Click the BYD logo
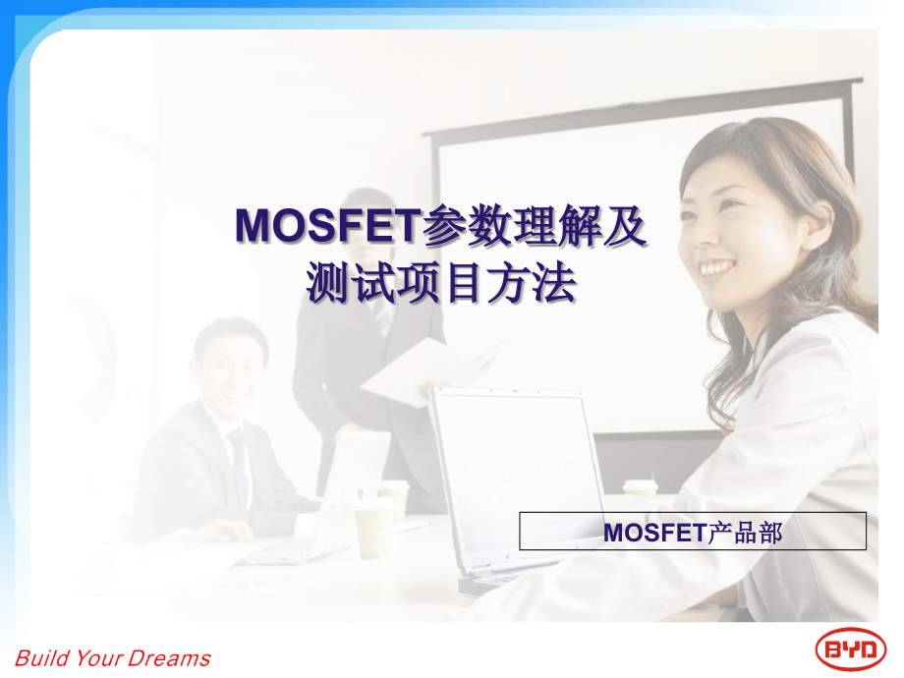pos(851,649)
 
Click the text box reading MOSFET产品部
pos(693,532)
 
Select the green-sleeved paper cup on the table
pos(373,527)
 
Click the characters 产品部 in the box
pos(745,532)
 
